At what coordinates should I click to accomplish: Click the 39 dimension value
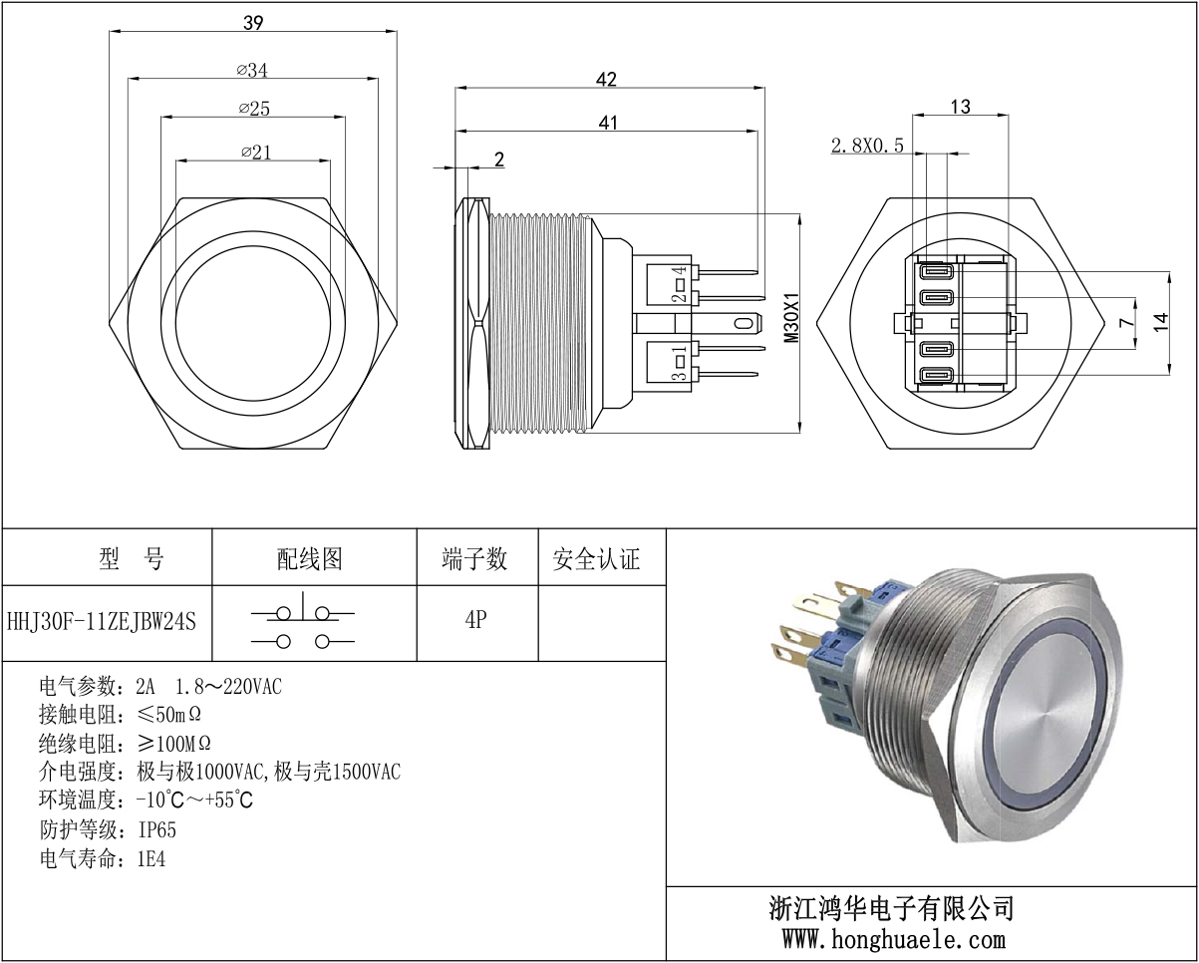[253, 23]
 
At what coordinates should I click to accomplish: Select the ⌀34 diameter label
[253, 70]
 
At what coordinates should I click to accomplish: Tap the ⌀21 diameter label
[255, 152]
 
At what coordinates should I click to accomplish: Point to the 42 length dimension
[606, 79]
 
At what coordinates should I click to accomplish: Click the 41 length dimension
[608, 122]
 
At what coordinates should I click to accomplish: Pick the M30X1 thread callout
[791, 318]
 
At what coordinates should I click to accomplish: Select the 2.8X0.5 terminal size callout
[867, 146]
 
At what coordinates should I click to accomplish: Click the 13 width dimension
[960, 107]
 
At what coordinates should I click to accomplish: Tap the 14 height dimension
[1160, 322]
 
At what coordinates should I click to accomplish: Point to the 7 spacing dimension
[1125, 322]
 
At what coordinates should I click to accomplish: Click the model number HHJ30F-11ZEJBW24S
[102, 621]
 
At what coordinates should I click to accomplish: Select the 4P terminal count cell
[475, 620]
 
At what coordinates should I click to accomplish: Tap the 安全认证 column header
[596, 559]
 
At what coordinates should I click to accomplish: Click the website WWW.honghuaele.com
[893, 938]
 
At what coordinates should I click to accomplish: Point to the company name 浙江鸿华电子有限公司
[892, 908]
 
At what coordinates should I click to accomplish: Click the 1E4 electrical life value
[150, 858]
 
